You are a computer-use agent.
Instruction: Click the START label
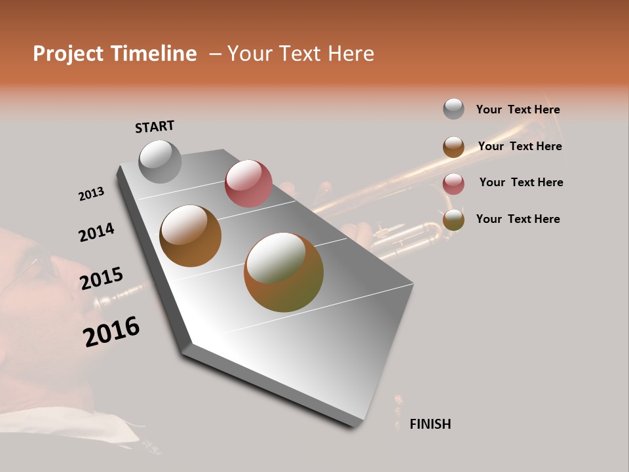155,126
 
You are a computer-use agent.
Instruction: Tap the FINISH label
430,424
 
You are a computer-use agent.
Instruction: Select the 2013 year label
91,194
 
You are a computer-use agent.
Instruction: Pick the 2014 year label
96,232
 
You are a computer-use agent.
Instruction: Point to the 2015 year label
101,279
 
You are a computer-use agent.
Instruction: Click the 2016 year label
111,331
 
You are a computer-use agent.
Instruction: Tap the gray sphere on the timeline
160,161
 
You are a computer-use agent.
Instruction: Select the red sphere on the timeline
248,184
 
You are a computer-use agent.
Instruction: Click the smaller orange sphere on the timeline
190,236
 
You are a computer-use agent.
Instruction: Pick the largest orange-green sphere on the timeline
284,272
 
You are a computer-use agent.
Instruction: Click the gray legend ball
453,109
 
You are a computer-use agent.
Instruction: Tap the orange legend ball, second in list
453,147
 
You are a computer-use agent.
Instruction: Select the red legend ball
453,184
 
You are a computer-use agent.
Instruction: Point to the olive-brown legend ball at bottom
453,220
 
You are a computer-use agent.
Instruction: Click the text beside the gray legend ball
518,109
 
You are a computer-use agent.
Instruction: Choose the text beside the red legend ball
521,182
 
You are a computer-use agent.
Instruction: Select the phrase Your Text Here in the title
301,54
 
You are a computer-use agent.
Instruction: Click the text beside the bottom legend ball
518,219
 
